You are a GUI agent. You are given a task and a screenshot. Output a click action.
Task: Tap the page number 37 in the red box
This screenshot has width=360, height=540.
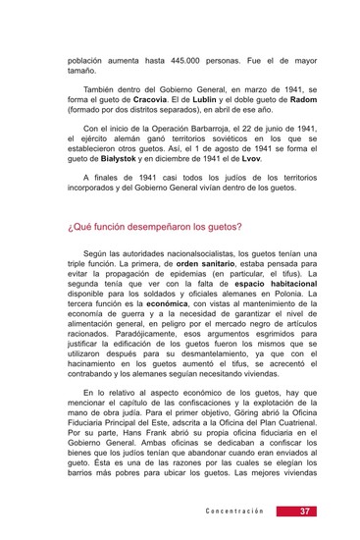coord(304,512)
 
